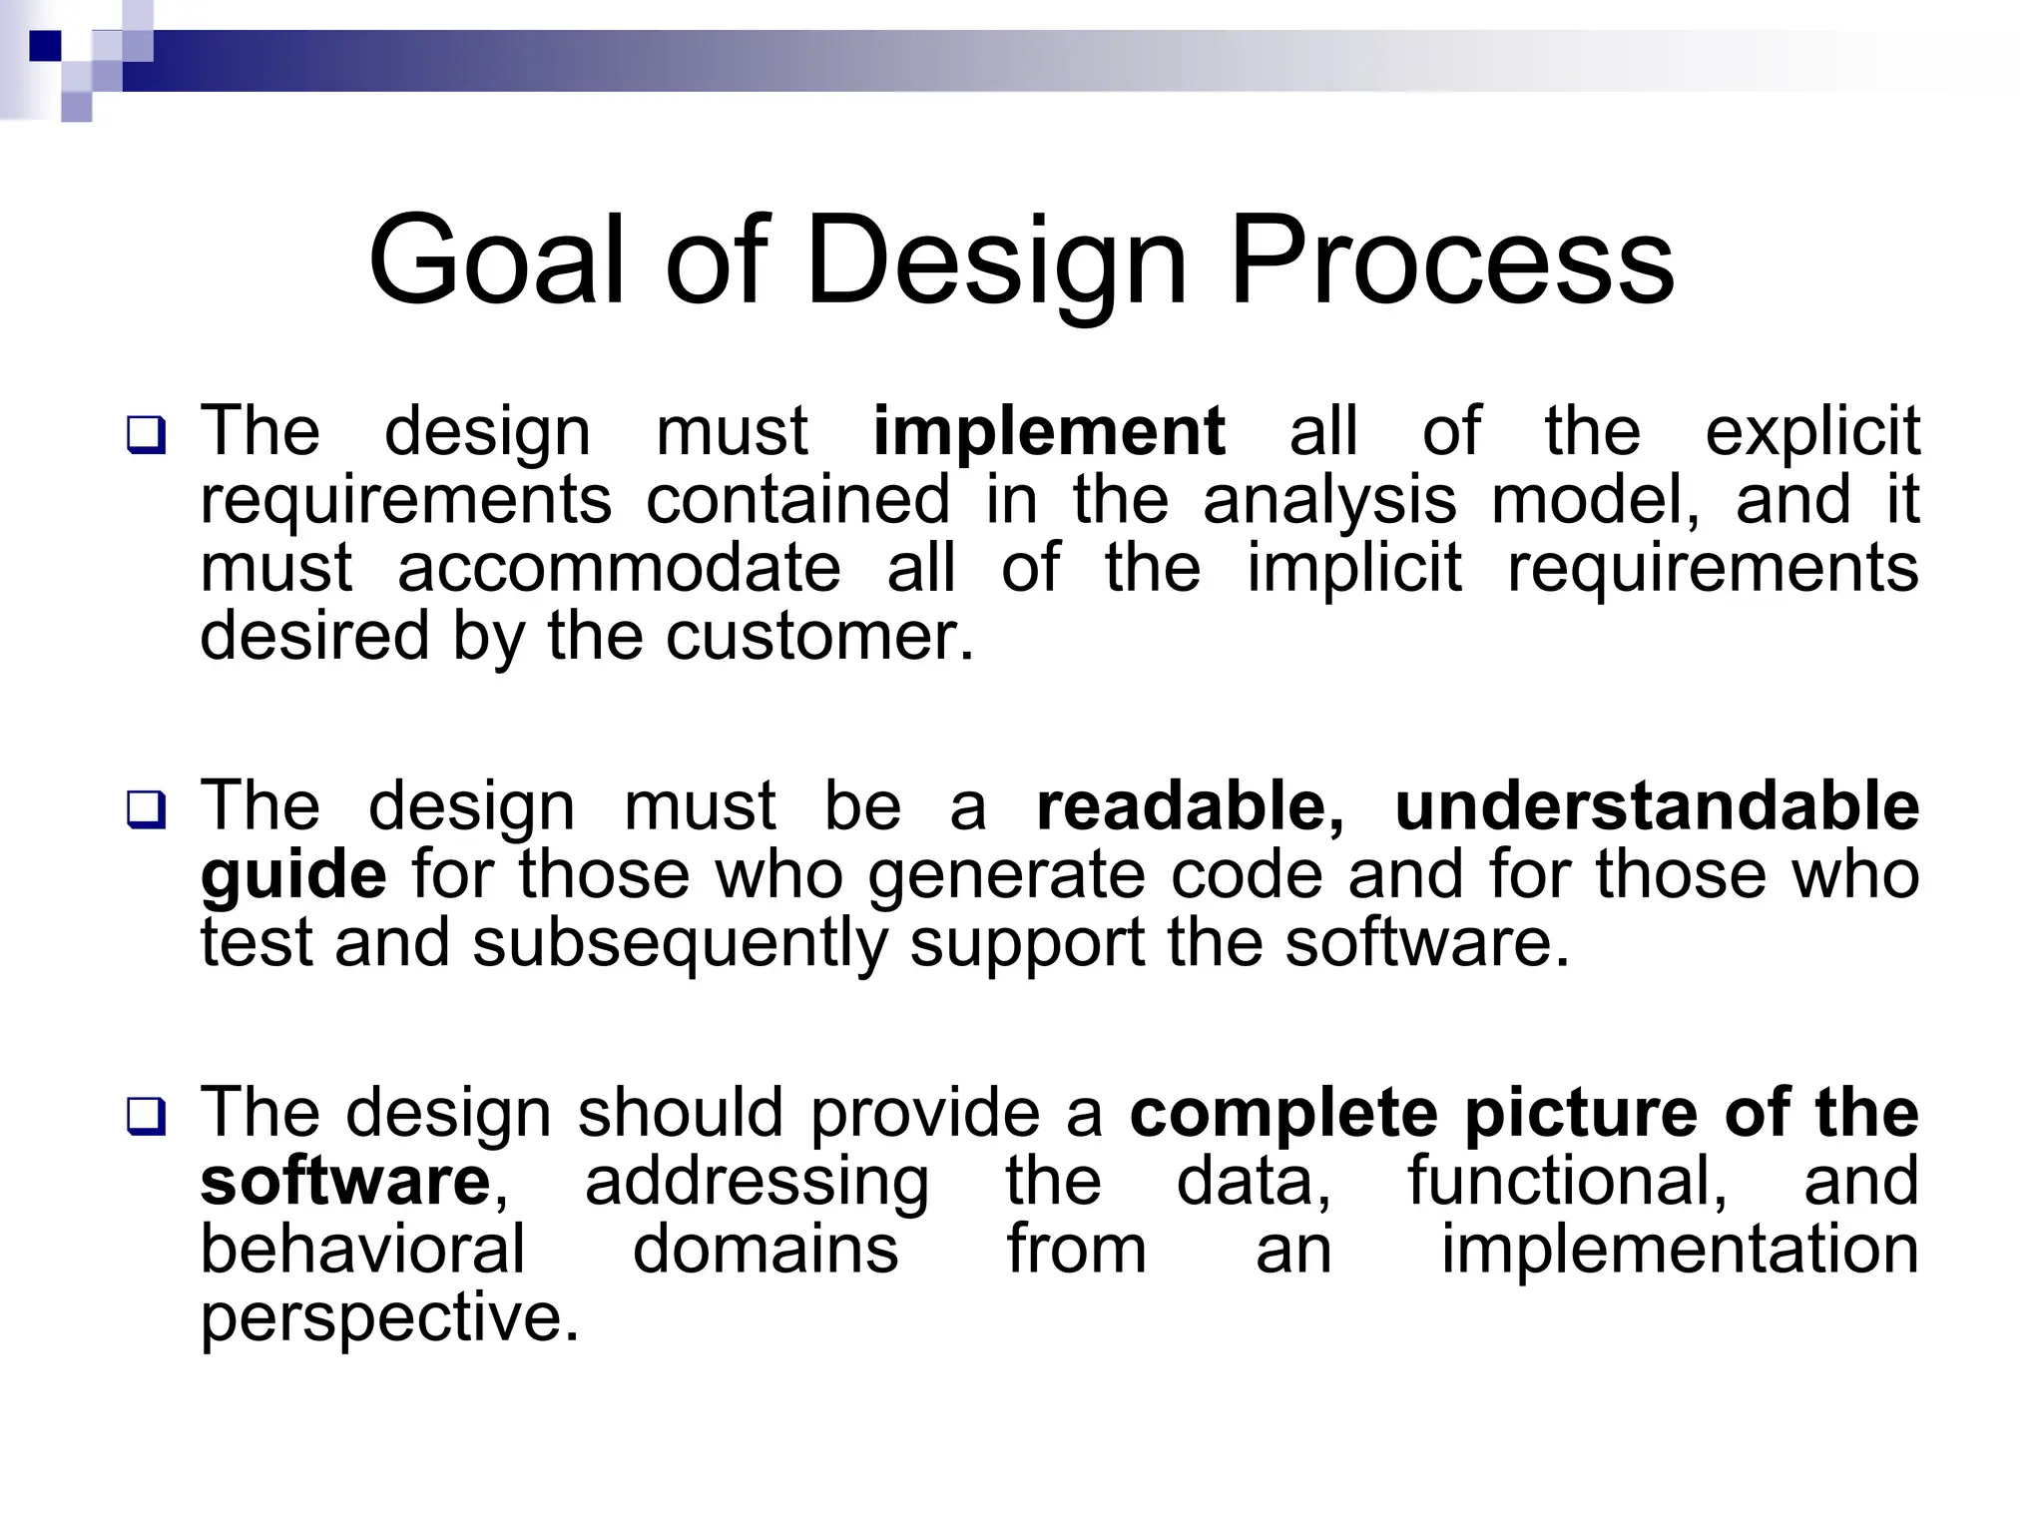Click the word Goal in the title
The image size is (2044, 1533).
point(496,261)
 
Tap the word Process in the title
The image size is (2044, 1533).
point(1451,261)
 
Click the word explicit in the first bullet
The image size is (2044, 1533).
point(1811,431)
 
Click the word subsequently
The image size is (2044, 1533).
point(680,942)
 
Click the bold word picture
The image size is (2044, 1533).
point(1582,1112)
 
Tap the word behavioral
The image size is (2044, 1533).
point(362,1249)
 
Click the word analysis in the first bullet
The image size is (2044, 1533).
point(1329,499)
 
